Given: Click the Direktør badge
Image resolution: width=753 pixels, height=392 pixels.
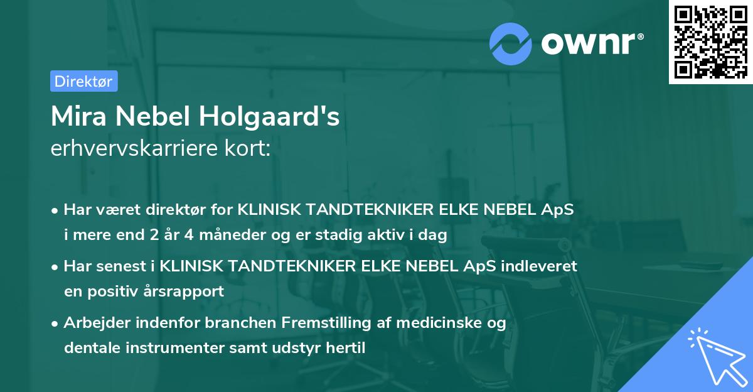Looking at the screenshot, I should (83, 81).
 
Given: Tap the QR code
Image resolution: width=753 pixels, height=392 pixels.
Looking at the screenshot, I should (710, 42).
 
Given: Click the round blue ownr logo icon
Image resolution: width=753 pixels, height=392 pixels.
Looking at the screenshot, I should (511, 43).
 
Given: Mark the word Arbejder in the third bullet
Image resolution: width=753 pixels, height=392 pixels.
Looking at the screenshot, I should (93, 323).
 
